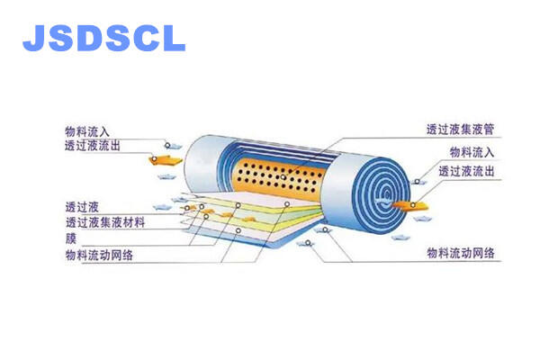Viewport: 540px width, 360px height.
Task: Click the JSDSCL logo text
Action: point(103,38)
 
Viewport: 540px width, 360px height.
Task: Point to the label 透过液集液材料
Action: point(104,221)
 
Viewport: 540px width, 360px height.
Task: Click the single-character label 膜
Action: point(70,238)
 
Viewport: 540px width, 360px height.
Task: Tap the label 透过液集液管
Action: point(461,129)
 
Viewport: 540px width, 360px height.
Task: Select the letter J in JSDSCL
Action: point(33,38)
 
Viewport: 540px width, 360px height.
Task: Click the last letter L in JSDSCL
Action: point(174,38)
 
